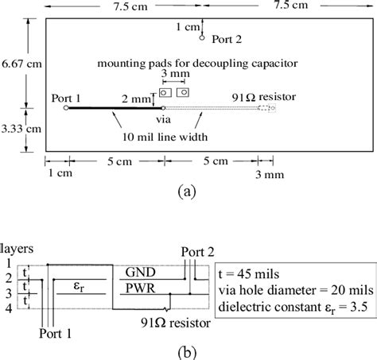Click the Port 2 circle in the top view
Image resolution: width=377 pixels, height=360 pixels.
click(202, 37)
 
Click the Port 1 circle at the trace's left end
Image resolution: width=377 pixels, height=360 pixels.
click(66, 108)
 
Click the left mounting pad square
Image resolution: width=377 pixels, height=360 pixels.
click(165, 92)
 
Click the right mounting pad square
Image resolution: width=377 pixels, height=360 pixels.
click(184, 92)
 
